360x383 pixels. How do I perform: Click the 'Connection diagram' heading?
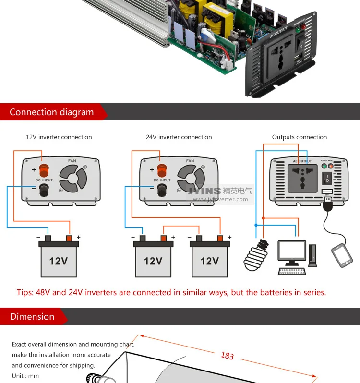[x=52, y=112]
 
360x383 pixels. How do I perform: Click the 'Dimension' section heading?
[x=32, y=317]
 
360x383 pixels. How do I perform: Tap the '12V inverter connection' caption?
[x=59, y=137]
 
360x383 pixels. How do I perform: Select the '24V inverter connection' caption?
[x=179, y=137]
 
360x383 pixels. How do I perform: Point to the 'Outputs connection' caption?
[x=299, y=137]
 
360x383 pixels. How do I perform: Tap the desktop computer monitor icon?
[x=292, y=253]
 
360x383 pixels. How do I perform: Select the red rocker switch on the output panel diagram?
[x=327, y=179]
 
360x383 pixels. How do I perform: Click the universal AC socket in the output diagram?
[x=302, y=177]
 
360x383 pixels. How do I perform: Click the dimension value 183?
[x=227, y=356]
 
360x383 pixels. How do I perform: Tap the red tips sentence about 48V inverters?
[x=171, y=292]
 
